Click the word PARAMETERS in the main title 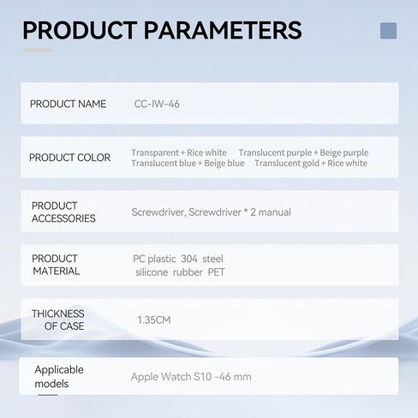tap(223, 30)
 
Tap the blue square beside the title tap(388, 31)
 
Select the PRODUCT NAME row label tap(68, 104)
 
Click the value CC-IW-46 tap(157, 104)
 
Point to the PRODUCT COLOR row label tap(69, 158)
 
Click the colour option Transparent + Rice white tap(179, 152)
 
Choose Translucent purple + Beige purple tap(303, 152)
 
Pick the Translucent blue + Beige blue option tap(188, 163)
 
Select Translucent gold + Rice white tap(311, 163)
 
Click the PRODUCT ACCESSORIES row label tap(63, 212)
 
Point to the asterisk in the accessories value tap(246, 212)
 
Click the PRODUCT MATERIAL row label tap(56, 265)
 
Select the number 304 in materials tap(189, 259)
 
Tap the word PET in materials tap(216, 272)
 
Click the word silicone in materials tap(152, 272)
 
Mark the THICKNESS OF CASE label tap(58, 319)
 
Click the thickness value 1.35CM tap(154, 319)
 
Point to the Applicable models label tap(59, 377)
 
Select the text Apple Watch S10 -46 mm tap(191, 377)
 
